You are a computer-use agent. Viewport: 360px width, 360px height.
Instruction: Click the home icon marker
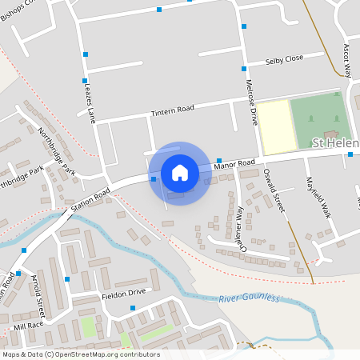[x=180, y=173]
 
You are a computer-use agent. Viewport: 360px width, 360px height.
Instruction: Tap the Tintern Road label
[x=173, y=110]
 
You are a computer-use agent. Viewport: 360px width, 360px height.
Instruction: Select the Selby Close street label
[x=285, y=59]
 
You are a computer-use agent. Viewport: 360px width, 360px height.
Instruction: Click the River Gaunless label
[x=251, y=298]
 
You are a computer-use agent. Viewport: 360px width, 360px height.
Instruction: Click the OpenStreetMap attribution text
[x=80, y=354]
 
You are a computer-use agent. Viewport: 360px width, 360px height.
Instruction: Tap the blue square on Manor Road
[x=218, y=160]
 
